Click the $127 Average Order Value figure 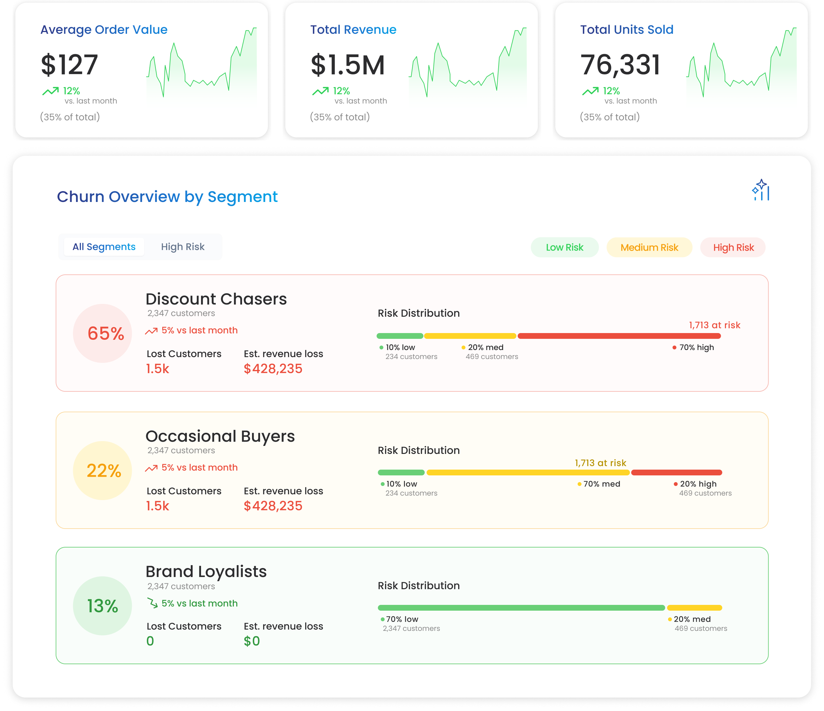pyautogui.click(x=69, y=64)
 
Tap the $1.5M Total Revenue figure pyautogui.click(x=348, y=64)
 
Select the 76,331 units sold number pyautogui.click(x=620, y=64)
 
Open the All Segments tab pyautogui.click(x=104, y=247)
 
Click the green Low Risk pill pyautogui.click(x=564, y=247)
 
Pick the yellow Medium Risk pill pyautogui.click(x=649, y=247)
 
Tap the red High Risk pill pyautogui.click(x=733, y=247)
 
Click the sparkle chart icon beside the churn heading pyautogui.click(x=761, y=190)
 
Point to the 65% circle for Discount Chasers pyautogui.click(x=103, y=333)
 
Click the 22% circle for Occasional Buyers pyautogui.click(x=103, y=471)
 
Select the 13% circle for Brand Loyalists pyautogui.click(x=103, y=606)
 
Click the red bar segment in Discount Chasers pyautogui.click(x=619, y=336)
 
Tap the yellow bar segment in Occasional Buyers pyautogui.click(x=528, y=473)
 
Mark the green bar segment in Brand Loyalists pyautogui.click(x=521, y=607)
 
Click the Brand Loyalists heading pyautogui.click(x=206, y=572)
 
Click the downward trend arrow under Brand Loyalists pyautogui.click(x=152, y=603)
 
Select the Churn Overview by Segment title pyautogui.click(x=167, y=197)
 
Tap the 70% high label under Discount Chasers pyautogui.click(x=696, y=347)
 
